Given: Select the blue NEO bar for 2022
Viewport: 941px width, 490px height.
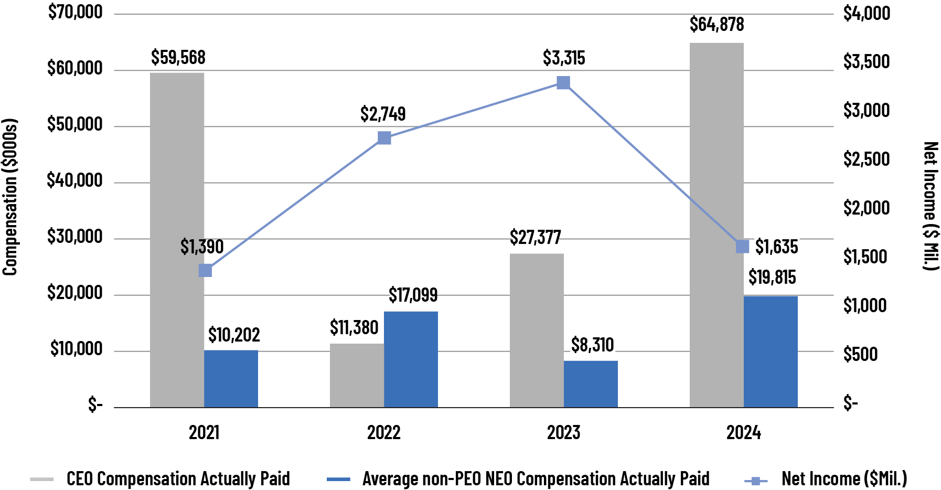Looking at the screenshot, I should pyautogui.click(x=411, y=359).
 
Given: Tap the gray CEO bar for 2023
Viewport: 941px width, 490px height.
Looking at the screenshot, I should pyautogui.click(x=537, y=331).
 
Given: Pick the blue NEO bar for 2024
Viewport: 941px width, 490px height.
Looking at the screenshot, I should pyautogui.click(x=771, y=351).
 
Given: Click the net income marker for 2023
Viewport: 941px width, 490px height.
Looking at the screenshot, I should pyautogui.click(x=563, y=83).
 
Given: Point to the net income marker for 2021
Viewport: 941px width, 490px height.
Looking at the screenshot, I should pyautogui.click(x=205, y=271).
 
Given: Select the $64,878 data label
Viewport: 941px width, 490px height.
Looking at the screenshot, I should pyautogui.click(x=717, y=25).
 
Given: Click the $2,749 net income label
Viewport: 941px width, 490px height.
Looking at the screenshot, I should pyautogui.click(x=383, y=114).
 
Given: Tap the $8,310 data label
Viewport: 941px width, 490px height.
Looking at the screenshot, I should pyautogui.click(x=592, y=345).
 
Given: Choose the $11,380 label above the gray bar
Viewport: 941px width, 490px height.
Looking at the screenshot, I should pyautogui.click(x=354, y=328).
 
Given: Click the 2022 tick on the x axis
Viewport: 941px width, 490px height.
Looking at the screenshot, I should pyautogui.click(x=383, y=433).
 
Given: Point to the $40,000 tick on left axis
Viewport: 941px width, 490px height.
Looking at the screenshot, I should pyautogui.click(x=75, y=180).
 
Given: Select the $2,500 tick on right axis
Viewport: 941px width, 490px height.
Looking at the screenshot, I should pyautogui.click(x=866, y=159).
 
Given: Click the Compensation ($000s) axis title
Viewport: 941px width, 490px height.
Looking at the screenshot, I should pyautogui.click(x=10, y=197).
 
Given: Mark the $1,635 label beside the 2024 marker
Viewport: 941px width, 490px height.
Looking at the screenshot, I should pyautogui.click(x=776, y=247).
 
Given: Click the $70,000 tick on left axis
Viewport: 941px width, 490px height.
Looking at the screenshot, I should pyautogui.click(x=75, y=12).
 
